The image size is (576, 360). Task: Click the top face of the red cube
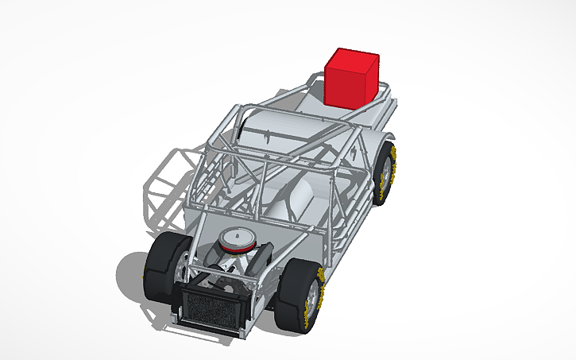pyautogui.click(x=353, y=58)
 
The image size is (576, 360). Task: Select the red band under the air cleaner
pyautogui.click(x=236, y=249)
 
